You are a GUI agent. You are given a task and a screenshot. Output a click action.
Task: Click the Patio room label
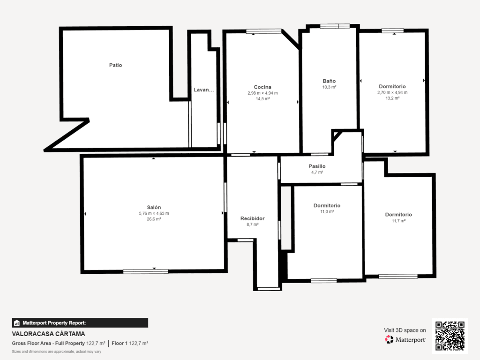[115, 65]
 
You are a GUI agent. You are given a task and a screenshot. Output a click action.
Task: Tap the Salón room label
[154, 207]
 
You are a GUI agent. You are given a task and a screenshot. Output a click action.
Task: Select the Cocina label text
[262, 87]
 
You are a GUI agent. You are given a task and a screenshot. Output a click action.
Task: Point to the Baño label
[329, 81]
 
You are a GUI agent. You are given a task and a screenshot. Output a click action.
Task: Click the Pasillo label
[317, 166]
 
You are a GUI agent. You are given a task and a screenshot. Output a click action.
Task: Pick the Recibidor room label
[252, 218]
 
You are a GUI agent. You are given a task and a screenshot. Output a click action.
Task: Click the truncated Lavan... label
[203, 90]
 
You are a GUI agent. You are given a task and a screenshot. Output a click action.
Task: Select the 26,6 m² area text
[154, 219]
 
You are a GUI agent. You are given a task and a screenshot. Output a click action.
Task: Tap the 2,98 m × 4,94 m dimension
[262, 93]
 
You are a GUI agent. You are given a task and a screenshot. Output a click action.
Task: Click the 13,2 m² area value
[392, 98]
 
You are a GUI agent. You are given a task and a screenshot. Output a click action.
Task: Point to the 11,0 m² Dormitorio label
[327, 205]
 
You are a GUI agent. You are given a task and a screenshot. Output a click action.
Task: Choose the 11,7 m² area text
[398, 221]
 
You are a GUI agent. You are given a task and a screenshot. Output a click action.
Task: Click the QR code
[450, 336]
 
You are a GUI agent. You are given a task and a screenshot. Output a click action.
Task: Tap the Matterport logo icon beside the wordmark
[389, 339]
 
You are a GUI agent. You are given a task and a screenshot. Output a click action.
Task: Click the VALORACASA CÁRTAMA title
[48, 334]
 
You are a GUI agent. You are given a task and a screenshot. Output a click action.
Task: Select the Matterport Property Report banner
[80, 322]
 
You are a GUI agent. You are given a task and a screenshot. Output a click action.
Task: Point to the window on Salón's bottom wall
[145, 271]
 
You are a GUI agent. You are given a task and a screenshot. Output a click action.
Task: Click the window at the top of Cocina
[263, 31]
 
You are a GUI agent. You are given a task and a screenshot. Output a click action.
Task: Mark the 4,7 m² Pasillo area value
[317, 172]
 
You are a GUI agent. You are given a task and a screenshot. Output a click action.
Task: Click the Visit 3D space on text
[405, 330]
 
